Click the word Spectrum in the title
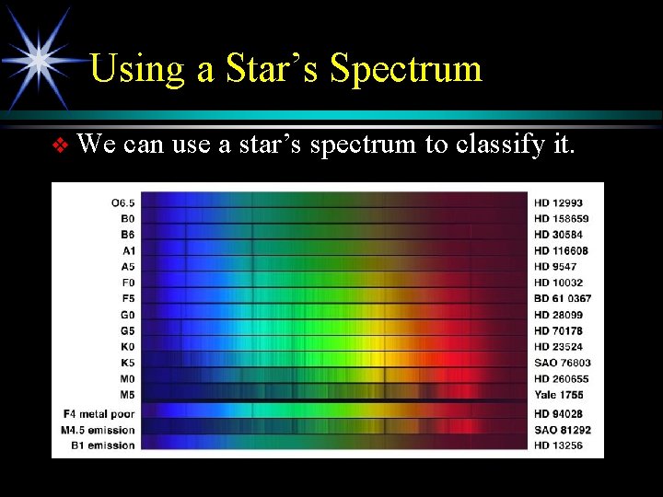[x=406, y=69]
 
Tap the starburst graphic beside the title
[x=39, y=57]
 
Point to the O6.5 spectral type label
[x=122, y=202]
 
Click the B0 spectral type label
[x=127, y=218]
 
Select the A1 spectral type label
[x=127, y=250]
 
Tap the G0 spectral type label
[x=127, y=315]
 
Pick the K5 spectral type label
[x=127, y=363]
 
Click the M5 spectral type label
[x=127, y=395]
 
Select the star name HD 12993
[x=558, y=202]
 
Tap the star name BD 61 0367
[x=563, y=298]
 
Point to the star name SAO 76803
[x=563, y=363]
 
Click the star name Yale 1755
[x=559, y=395]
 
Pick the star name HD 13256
[x=558, y=445]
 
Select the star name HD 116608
[x=561, y=250]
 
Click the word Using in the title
[x=135, y=69]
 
